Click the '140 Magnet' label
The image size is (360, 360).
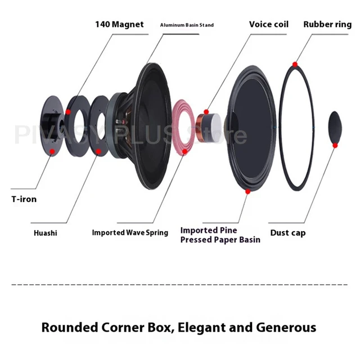coord(119,24)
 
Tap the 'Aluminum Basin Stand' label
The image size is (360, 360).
coord(187,25)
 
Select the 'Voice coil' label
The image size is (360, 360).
coord(268,24)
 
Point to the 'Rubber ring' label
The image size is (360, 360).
coord(327,24)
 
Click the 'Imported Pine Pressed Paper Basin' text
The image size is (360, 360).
coord(220,235)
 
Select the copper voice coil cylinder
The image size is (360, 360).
coord(203,122)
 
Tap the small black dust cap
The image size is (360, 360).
coord(334,127)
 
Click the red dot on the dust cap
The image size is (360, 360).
coord(335,146)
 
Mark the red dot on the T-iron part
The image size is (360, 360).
coord(52,151)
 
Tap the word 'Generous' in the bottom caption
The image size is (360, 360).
coord(285,327)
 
